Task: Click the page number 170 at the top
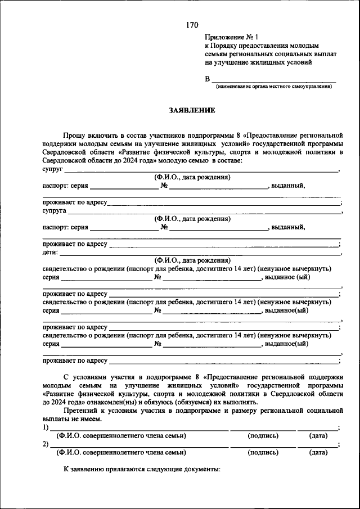click(192, 25)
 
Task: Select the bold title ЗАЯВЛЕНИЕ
click(192, 111)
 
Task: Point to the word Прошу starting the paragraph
click(73, 136)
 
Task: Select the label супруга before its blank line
click(55, 211)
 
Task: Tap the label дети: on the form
click(51, 253)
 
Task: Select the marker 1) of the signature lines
click(46, 427)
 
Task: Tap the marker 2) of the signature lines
click(46, 444)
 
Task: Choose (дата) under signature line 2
click(319, 452)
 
